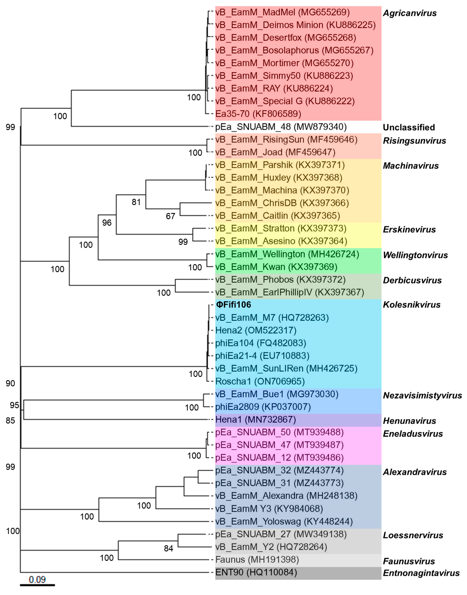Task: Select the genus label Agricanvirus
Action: click(x=409, y=13)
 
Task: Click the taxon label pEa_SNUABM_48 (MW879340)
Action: click(x=281, y=127)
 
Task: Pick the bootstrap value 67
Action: click(x=170, y=216)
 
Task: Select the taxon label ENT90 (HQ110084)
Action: click(x=256, y=572)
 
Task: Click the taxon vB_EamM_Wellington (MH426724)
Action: click(x=287, y=254)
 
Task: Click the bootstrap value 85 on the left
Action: click(x=10, y=420)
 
